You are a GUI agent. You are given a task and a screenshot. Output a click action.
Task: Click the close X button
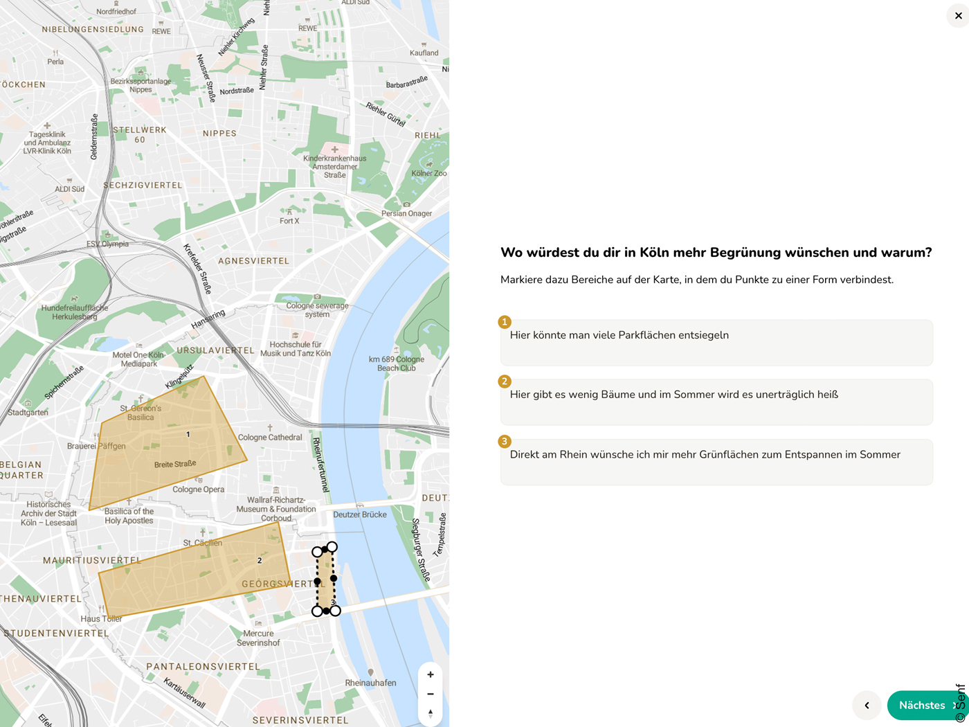(x=958, y=16)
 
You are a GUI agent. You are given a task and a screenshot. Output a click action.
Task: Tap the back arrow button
(x=867, y=706)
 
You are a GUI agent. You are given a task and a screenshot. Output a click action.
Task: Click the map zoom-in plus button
(x=431, y=674)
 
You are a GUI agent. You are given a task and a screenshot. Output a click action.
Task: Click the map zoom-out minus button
(x=431, y=694)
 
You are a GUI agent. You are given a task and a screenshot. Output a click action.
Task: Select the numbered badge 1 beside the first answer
(x=505, y=322)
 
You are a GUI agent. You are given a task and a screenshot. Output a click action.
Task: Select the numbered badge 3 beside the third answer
(x=505, y=442)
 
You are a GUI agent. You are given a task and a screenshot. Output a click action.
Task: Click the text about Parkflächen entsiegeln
(x=619, y=335)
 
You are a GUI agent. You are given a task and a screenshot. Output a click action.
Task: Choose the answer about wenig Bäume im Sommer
(x=673, y=395)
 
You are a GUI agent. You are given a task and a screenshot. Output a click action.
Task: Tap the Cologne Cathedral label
(x=270, y=438)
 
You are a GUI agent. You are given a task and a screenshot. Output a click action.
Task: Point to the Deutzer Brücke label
(x=360, y=514)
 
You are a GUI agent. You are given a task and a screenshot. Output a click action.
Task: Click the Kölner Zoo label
(x=429, y=173)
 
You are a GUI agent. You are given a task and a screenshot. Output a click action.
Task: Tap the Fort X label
(x=289, y=221)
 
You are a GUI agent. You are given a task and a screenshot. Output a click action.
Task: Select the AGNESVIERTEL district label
(x=253, y=261)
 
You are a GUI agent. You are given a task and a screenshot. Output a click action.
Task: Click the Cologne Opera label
(x=199, y=490)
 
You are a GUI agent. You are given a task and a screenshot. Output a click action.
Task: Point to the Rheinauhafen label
(x=371, y=683)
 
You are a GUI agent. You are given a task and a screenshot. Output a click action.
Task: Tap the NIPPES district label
(x=219, y=134)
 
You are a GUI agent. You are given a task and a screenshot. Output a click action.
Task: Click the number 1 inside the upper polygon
(x=188, y=434)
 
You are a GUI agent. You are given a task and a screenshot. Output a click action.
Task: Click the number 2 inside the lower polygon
(x=260, y=561)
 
